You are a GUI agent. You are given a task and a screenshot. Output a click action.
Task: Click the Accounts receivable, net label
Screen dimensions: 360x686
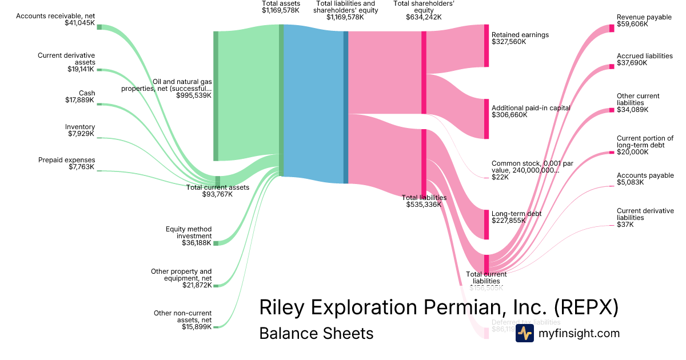(x=55, y=16)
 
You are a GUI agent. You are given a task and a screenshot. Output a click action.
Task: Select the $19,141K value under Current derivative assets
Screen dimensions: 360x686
(x=81, y=69)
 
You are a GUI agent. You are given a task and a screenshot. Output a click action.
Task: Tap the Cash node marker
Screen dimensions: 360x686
(x=99, y=105)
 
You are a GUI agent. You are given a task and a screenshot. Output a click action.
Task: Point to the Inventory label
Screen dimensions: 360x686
(x=80, y=127)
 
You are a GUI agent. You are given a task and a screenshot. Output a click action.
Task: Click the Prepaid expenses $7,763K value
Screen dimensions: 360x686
(x=81, y=167)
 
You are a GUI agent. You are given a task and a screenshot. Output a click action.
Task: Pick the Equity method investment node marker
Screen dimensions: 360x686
(x=216, y=243)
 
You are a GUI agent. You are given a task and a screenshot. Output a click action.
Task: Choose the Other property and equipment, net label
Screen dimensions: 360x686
(x=181, y=275)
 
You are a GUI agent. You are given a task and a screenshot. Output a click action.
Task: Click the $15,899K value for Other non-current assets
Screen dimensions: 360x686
(x=197, y=327)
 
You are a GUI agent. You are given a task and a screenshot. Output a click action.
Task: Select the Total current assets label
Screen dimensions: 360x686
(x=218, y=187)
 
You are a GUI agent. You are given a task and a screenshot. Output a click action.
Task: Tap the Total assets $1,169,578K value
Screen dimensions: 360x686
(x=280, y=10)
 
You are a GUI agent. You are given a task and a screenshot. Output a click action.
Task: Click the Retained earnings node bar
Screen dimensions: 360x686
(x=486, y=46)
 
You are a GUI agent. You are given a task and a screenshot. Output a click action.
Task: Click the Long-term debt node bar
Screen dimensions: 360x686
(x=486, y=225)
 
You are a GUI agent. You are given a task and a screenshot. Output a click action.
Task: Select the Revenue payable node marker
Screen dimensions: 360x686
(x=611, y=28)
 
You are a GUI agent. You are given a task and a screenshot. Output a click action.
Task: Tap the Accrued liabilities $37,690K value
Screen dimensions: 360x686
(x=632, y=63)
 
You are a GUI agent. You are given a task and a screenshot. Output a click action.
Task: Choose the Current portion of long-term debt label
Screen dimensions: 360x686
(x=645, y=142)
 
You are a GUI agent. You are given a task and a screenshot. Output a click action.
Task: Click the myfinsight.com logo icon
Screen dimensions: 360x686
(x=524, y=334)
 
